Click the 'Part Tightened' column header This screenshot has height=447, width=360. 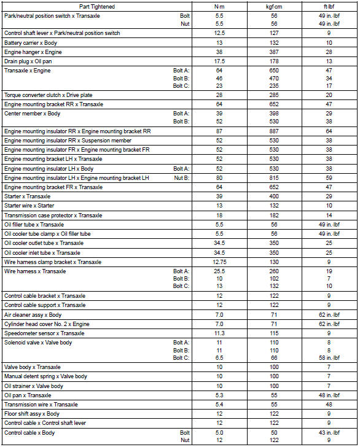point(98,6)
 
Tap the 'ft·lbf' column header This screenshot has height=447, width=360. point(329,6)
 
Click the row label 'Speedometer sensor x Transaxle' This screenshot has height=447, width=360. point(42,333)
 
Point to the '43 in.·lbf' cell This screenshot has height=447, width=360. point(329,433)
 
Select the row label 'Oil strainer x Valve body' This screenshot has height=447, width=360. point(34,386)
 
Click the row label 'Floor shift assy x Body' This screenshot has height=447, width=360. point(32,414)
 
